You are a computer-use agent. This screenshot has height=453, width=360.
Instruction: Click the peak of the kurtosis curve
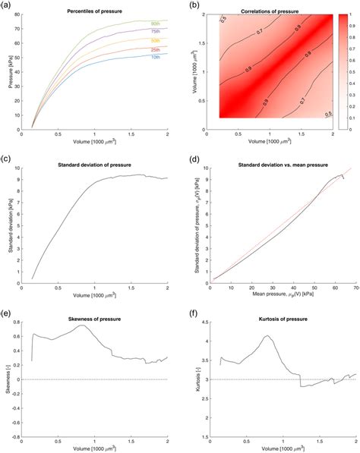point(267,336)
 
